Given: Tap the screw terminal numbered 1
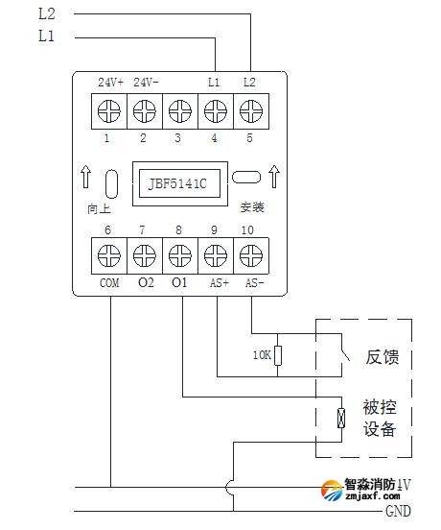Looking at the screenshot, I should [108, 111].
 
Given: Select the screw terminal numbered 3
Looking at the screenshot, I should [179, 111].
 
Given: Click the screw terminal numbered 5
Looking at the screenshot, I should [250, 111].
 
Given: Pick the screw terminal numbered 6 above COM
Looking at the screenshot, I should [108, 255].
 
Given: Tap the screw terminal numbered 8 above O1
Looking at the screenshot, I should [179, 255].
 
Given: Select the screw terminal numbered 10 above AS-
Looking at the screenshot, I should [250, 255].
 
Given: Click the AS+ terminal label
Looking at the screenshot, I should [218, 283].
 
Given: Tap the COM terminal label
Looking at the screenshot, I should [109, 283].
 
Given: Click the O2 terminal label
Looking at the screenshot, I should [145, 283].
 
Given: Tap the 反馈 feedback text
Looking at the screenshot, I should [382, 357].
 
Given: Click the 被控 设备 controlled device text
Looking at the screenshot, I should [379, 418].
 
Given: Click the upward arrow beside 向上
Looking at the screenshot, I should [87, 179].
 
